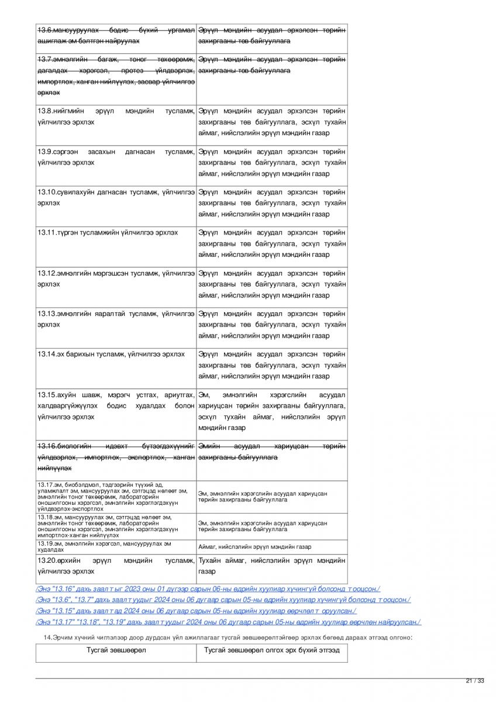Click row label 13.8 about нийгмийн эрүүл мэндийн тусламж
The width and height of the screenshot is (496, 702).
click(116, 116)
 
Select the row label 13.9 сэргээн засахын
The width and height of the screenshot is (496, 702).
click(116, 157)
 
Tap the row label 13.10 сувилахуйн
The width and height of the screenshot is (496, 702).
click(116, 197)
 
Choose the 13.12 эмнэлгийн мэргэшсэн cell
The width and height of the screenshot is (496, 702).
click(116, 278)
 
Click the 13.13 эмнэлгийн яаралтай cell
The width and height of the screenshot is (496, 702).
click(116, 318)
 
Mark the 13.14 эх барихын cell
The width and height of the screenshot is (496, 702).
click(111, 354)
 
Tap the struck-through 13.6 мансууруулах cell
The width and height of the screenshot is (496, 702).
click(116, 35)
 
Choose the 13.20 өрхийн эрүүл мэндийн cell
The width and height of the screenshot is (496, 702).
click(116, 566)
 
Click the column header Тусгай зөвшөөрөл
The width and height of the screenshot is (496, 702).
click(116, 650)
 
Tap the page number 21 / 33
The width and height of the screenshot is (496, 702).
click(475, 680)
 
